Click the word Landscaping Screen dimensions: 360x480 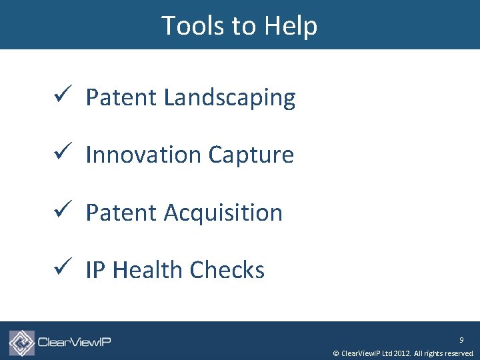pyautogui.click(x=229, y=98)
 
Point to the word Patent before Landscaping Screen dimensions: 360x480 pyautogui.click(x=122, y=98)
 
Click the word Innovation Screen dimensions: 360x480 pyautogui.click(x=144, y=155)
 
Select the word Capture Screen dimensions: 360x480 pyautogui.click(x=251, y=155)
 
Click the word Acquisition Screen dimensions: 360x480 pyautogui.click(x=223, y=213)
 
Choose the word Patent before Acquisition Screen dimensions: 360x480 pyautogui.click(x=122, y=213)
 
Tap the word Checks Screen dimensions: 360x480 pyautogui.click(x=227, y=271)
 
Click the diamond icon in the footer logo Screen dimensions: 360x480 pyautogui.click(x=22, y=343)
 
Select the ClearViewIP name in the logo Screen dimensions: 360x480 pyautogui.click(x=74, y=343)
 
